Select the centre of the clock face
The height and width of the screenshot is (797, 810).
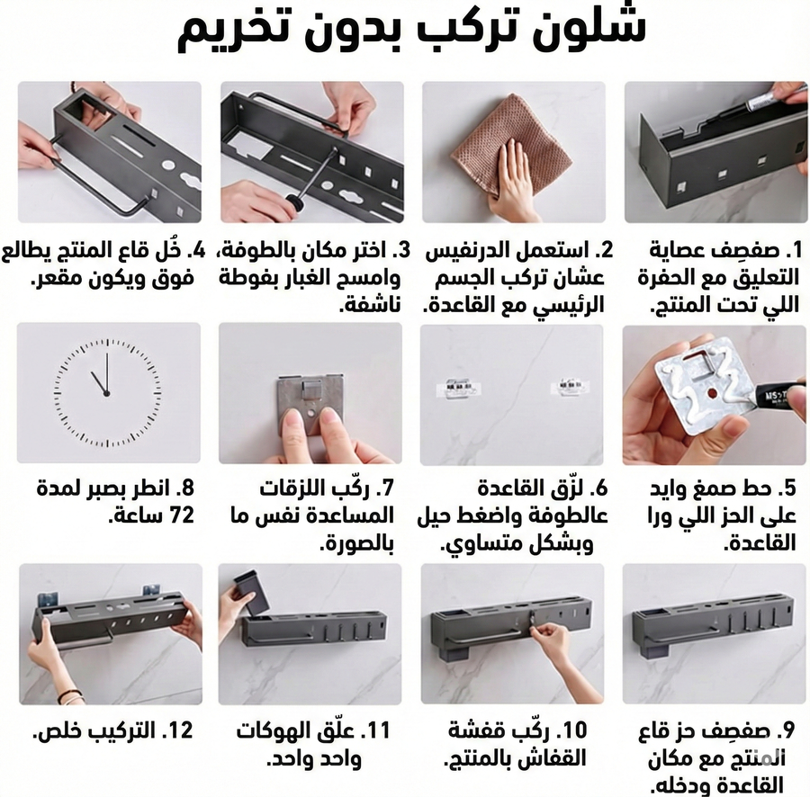click(107, 394)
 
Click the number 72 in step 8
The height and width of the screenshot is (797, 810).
click(181, 515)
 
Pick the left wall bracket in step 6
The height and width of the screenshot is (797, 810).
click(458, 389)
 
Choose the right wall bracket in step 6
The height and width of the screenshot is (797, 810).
click(570, 388)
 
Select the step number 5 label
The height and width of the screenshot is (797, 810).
click(787, 488)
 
